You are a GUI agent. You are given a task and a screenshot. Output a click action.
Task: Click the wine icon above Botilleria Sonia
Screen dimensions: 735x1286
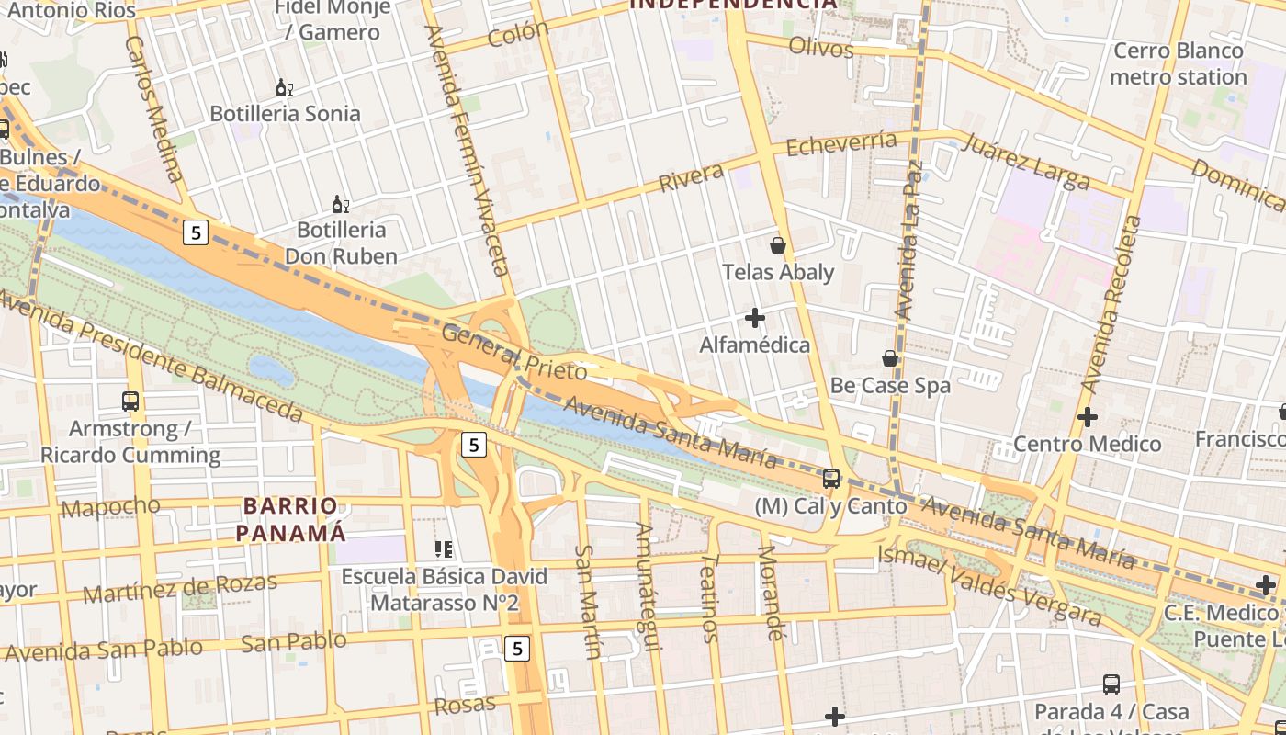coord(285,88)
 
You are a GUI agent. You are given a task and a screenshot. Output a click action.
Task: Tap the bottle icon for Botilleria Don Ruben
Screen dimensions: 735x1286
coord(340,204)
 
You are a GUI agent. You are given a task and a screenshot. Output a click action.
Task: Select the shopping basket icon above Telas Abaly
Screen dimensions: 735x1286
coord(778,245)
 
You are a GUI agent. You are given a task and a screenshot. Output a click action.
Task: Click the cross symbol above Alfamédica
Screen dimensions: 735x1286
coord(755,319)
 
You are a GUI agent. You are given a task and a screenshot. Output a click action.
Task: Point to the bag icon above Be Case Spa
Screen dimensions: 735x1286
coord(890,358)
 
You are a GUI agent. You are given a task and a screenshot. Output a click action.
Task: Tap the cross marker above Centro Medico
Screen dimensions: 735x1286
coord(1088,417)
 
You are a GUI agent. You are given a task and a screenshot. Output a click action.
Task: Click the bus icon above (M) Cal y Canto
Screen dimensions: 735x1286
coord(831,478)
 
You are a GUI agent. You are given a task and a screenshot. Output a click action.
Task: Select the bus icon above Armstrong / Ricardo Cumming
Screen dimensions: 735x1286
coord(130,401)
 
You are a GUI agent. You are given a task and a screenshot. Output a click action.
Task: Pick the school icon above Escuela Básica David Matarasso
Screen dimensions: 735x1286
coord(444,549)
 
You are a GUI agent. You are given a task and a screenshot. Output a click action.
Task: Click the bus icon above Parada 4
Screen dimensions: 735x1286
coord(1111,684)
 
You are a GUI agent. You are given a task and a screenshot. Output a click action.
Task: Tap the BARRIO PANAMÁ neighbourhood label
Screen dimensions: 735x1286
coord(291,519)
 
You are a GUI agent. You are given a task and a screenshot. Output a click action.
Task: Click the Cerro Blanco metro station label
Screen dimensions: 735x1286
coord(1178,63)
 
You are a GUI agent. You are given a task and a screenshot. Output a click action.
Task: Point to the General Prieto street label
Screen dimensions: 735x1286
coord(514,352)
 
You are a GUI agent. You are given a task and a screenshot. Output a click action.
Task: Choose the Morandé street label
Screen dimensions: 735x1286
coord(771,593)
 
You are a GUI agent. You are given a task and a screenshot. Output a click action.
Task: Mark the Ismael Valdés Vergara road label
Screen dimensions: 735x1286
coord(989,585)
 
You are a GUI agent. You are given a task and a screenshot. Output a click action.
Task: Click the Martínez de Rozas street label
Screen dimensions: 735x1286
coord(179,589)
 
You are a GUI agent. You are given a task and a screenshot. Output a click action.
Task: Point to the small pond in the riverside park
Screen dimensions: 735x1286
coord(271,371)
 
